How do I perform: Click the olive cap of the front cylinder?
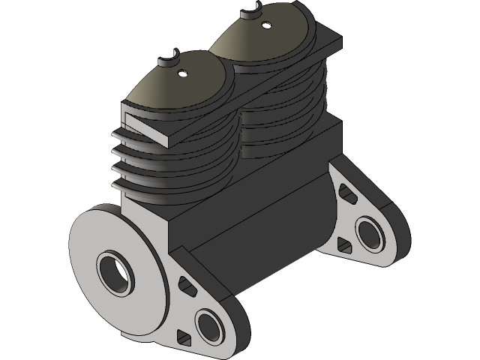pos(172,86)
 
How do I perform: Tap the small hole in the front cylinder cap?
pos(182,73)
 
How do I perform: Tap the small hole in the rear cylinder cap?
pos(265,24)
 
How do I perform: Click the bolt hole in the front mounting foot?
pos(210,323)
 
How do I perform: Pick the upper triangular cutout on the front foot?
pos(181,284)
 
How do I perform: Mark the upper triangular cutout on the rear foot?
pos(346,193)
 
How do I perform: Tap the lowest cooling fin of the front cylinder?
pos(150,187)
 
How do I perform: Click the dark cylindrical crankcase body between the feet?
pos(277,232)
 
